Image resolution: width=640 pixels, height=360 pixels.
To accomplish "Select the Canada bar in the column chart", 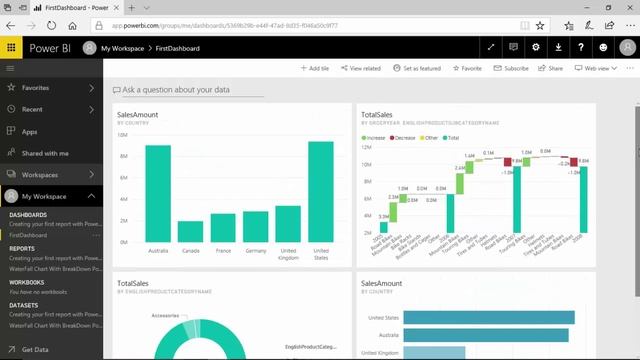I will (190, 233).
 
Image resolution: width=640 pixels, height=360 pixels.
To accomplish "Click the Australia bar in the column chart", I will (158, 195).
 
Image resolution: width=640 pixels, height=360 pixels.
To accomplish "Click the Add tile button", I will (314, 68).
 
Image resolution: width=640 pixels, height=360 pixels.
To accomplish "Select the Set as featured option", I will (417, 68).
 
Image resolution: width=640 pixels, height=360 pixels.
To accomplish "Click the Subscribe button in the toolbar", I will (511, 68).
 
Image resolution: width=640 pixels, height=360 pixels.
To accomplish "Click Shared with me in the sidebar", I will (45, 153).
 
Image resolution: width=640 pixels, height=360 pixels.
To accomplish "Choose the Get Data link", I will (34, 349).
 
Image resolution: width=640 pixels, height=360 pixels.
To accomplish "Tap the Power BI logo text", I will (48, 47).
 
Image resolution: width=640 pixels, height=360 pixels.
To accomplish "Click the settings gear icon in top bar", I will (536, 47).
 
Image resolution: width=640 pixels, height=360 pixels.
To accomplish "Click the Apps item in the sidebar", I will (29, 131).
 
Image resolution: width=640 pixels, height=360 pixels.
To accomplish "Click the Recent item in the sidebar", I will (32, 109).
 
